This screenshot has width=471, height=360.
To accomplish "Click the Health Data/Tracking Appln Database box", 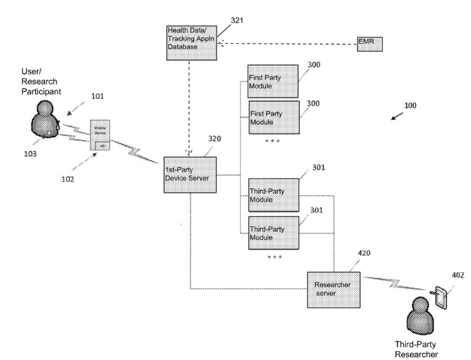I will tap(191, 42).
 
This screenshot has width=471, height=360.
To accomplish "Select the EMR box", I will tap(369, 44).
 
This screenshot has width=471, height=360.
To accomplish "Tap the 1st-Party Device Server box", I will tap(190, 175).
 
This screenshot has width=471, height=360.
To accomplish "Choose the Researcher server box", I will tap(333, 290).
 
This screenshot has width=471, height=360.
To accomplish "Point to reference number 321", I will tap(237, 20).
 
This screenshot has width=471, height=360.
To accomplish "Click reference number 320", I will tap(214, 138).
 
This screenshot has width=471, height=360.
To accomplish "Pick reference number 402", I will tap(458, 275).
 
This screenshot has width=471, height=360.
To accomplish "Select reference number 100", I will tap(410, 105).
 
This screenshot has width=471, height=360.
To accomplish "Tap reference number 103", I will tap(30, 154).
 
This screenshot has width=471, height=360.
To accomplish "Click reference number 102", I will tap(67, 179).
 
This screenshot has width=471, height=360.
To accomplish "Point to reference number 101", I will tap(97, 96).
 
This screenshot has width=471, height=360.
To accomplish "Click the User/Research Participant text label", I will tap(40, 81).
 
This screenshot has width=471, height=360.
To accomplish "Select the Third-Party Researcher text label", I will tap(416, 349).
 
